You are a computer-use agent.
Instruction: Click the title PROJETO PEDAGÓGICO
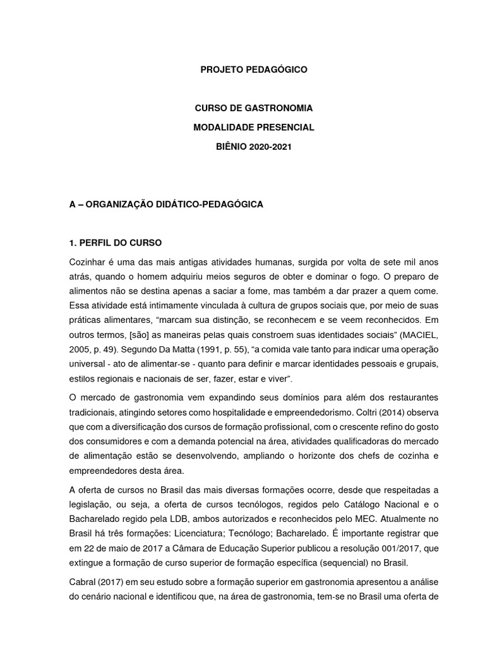click(253, 70)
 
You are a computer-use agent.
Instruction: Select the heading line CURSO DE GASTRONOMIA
click(253, 109)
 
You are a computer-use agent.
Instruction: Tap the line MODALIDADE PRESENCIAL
click(253, 128)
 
